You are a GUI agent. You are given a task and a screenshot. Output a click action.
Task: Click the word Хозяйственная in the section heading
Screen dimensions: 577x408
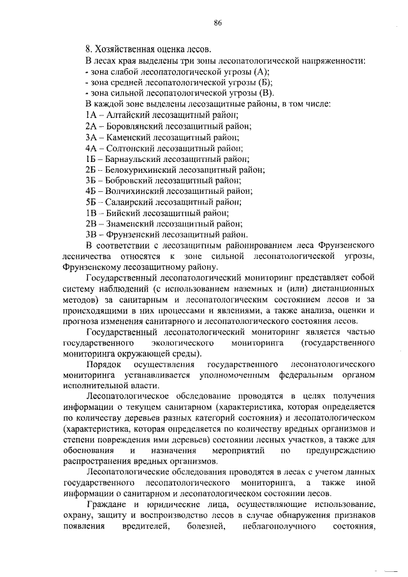coord(127,48)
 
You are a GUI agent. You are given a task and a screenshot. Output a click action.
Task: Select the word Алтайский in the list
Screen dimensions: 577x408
coord(127,115)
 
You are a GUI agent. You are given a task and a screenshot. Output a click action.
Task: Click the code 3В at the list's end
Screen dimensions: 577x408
coord(91,235)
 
